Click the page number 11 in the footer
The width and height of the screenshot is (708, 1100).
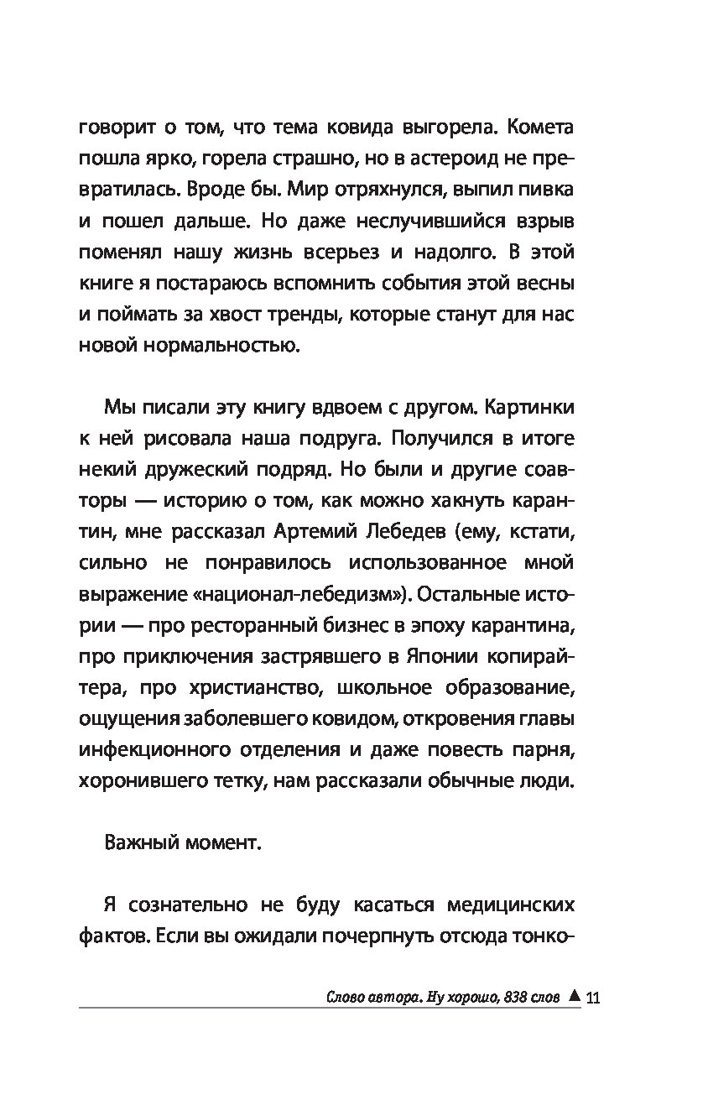click(x=594, y=998)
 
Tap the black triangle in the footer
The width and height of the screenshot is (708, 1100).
click(x=574, y=997)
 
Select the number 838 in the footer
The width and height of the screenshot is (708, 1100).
click(x=512, y=998)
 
